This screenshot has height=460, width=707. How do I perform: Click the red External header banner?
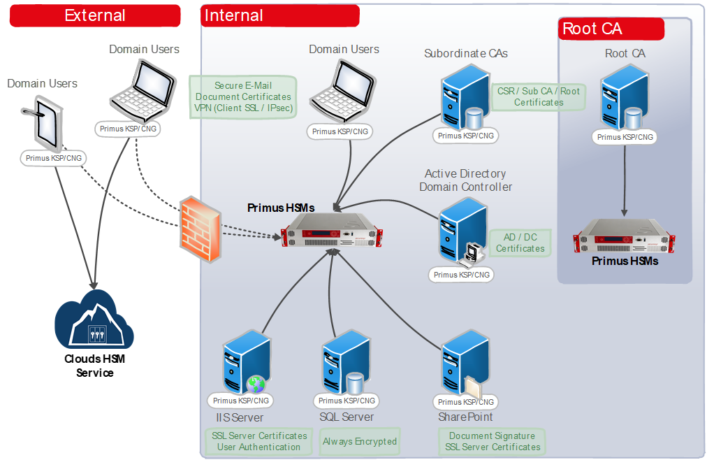tap(94, 15)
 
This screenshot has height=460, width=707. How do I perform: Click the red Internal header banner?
tap(279, 15)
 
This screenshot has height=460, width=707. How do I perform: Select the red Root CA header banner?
tap(611, 29)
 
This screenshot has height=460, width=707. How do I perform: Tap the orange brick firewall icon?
tap(199, 228)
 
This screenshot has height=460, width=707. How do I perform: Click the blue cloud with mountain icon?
tap(95, 320)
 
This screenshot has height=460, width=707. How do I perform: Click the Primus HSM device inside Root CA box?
tap(624, 236)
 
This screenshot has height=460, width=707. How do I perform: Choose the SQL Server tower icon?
tap(346, 364)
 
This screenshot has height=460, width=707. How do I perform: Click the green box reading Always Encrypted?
tap(360, 441)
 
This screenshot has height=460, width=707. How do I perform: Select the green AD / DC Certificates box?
tap(520, 243)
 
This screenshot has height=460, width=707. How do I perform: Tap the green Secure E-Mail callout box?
tap(244, 96)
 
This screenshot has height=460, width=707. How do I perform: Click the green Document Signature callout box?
tap(493, 441)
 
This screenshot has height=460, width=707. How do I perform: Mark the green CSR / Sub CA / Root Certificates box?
tap(538, 96)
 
